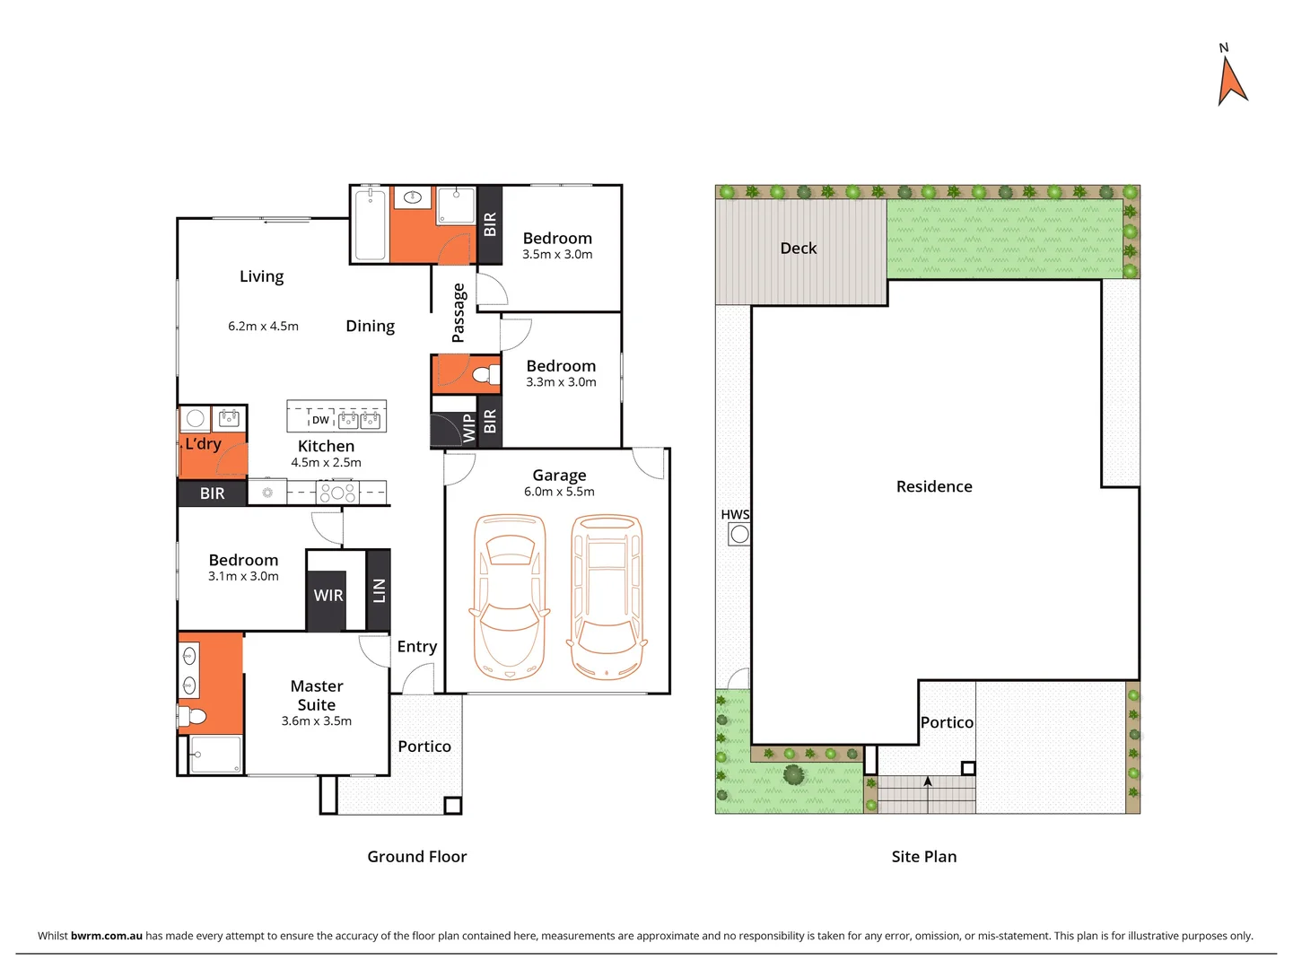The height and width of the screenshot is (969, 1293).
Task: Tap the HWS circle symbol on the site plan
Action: click(x=739, y=535)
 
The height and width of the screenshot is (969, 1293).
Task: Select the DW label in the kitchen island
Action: click(x=320, y=420)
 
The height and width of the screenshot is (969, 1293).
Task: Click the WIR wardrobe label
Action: click(x=328, y=596)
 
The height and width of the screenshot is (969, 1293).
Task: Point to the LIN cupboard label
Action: click(x=379, y=590)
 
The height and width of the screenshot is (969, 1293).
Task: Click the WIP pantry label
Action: click(x=468, y=428)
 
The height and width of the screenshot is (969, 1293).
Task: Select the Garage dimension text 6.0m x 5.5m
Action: click(x=559, y=492)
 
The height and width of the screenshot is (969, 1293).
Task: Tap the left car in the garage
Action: click(x=509, y=596)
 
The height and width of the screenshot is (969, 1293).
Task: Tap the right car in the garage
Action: click(x=607, y=596)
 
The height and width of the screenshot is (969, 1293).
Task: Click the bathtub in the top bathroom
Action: click(x=370, y=224)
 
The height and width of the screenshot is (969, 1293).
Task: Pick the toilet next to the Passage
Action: click(x=485, y=374)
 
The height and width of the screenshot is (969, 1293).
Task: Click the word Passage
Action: click(x=459, y=312)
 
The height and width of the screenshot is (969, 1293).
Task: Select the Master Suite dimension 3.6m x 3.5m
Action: click(x=317, y=721)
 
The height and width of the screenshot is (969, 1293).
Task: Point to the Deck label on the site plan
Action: click(x=799, y=249)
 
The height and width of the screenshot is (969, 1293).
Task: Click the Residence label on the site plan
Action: click(x=934, y=486)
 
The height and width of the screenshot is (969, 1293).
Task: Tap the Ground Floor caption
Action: click(x=417, y=857)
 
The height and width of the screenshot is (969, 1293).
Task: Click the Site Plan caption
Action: click(x=924, y=857)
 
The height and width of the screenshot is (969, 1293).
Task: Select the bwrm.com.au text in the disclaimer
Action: click(x=107, y=936)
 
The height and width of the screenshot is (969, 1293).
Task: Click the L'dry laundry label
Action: click(x=204, y=444)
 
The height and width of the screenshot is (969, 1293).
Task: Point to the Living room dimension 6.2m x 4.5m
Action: click(x=263, y=327)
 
